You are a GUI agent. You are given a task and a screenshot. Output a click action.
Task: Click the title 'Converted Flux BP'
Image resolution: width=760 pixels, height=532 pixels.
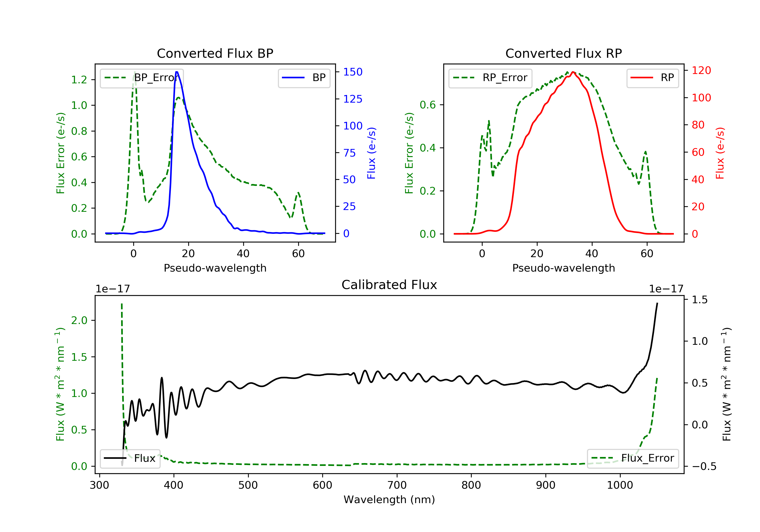215,53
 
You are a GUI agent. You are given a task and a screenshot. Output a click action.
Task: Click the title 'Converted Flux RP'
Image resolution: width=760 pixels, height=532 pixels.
563,53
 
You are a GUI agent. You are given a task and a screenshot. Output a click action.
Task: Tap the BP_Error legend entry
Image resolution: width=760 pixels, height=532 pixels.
142,78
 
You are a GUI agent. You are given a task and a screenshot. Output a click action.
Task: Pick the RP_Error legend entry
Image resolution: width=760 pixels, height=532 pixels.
490,78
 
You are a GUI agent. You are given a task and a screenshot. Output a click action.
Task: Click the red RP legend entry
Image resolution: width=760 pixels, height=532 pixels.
652,78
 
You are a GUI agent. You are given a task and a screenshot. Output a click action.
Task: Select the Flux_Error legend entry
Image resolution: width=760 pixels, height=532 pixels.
633,458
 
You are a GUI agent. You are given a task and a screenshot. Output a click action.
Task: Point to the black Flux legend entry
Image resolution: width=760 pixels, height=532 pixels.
130,458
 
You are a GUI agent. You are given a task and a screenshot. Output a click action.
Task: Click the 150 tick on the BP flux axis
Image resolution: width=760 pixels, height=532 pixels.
353,72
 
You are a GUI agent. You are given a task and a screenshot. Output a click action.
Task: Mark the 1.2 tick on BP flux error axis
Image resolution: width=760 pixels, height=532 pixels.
79,80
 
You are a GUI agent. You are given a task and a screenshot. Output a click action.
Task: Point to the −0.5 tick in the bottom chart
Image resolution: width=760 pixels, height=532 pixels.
704,466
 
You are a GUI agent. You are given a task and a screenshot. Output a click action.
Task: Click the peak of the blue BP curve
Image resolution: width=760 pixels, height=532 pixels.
177,72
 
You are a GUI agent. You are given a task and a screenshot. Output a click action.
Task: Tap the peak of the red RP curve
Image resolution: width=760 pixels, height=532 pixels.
573,72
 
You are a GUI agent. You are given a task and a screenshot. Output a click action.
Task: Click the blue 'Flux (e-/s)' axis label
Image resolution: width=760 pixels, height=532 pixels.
371,153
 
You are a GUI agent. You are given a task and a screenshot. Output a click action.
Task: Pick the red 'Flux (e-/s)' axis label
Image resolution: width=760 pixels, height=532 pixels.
720,153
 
